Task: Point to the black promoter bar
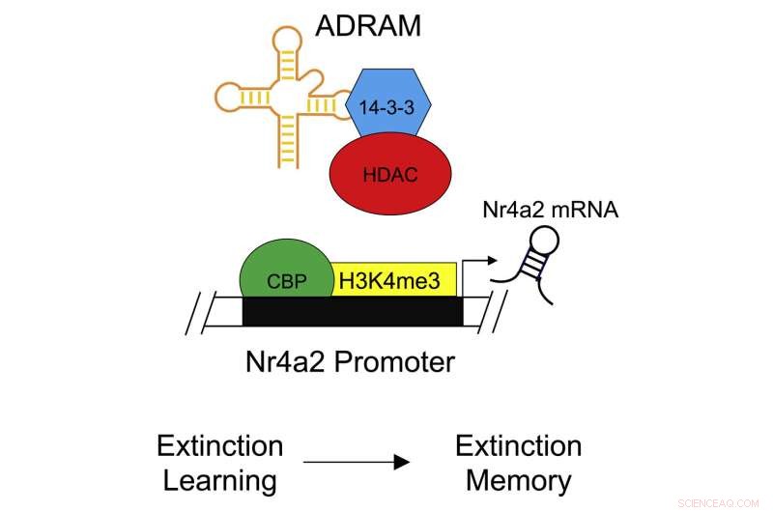click(x=352, y=312)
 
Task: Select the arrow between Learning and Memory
click(x=368, y=463)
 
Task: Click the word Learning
click(x=218, y=479)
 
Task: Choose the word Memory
click(x=518, y=479)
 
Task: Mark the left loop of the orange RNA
click(x=228, y=96)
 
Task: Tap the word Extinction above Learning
click(x=219, y=446)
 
